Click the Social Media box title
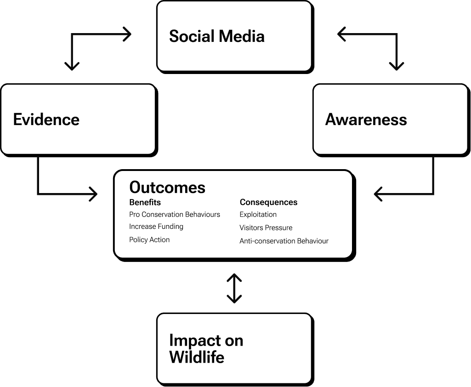coord(216,36)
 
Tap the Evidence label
coord(46,120)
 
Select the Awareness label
coord(366,120)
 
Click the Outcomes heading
coord(167,188)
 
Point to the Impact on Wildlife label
coord(206,348)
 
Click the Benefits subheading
coord(145,202)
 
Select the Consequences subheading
coord(268,202)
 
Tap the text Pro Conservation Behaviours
coord(175,215)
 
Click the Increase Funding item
coord(156,227)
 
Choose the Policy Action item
coord(149,240)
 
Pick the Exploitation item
coord(258,215)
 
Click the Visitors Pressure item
coord(266,228)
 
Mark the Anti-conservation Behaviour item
coord(284,241)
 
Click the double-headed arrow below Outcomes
coord(234,289)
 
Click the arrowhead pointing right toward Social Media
coord(127,34)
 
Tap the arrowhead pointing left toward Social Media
coord(342,34)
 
